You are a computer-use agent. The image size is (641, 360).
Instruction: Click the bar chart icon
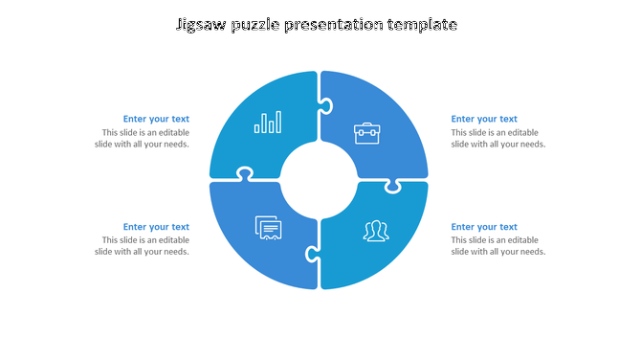point(268,123)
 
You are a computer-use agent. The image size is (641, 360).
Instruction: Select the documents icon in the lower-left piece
point(269,228)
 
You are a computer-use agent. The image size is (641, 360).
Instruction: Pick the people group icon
point(374,231)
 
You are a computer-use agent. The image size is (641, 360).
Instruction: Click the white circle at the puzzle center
point(319,180)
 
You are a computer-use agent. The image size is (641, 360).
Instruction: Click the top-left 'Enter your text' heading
point(156,120)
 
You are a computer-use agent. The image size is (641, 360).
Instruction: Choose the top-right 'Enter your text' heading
point(484,120)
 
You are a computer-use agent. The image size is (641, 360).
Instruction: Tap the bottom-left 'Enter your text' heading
point(156,227)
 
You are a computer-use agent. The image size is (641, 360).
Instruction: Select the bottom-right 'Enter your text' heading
point(484,227)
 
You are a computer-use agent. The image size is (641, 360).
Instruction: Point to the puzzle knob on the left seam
point(245,174)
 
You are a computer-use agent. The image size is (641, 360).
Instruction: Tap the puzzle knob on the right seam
point(392,185)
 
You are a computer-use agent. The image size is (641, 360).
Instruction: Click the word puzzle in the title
point(261,24)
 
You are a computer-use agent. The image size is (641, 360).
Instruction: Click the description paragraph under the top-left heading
point(144,139)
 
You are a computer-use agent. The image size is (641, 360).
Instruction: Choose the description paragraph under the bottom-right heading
point(497,246)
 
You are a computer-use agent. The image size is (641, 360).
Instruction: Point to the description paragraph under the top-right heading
point(497,139)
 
